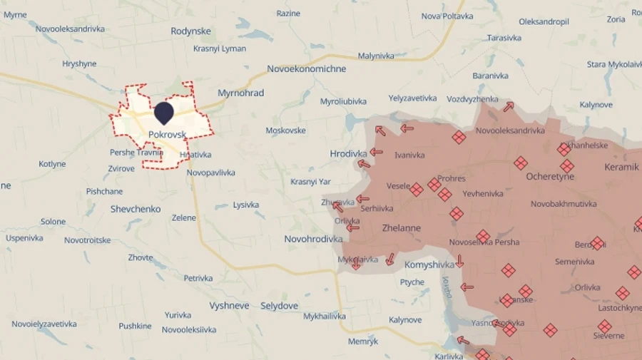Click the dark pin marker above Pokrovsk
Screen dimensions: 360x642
pyautogui.click(x=164, y=113)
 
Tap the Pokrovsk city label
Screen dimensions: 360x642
pyautogui.click(x=168, y=134)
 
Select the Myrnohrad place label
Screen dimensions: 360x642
pyautogui.click(x=240, y=93)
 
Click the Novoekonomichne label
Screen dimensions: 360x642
pyautogui.click(x=306, y=69)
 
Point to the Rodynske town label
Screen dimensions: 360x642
pyautogui.click(x=190, y=31)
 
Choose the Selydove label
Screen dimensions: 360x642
pyautogui.click(x=279, y=306)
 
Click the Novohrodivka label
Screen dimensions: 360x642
pyautogui.click(x=313, y=239)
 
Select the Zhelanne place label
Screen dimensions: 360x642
pyautogui.click(x=402, y=228)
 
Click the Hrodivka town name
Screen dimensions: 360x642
pyautogui.click(x=348, y=153)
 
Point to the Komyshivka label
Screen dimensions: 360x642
pyautogui.click(x=429, y=264)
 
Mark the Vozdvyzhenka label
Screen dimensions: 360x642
pyautogui.click(x=472, y=98)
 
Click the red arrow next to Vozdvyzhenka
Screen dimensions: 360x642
pyautogui.click(x=508, y=107)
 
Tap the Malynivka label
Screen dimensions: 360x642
pyautogui.click(x=377, y=56)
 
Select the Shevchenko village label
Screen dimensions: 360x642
pyautogui.click(x=136, y=209)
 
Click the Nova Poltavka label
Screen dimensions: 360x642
pyautogui.click(x=447, y=16)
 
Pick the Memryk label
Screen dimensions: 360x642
pyautogui.click(x=363, y=341)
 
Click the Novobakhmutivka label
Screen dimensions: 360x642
pyautogui.click(x=564, y=204)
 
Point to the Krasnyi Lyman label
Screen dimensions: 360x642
pyautogui.click(x=220, y=48)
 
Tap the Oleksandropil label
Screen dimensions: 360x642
pyautogui.click(x=544, y=21)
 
